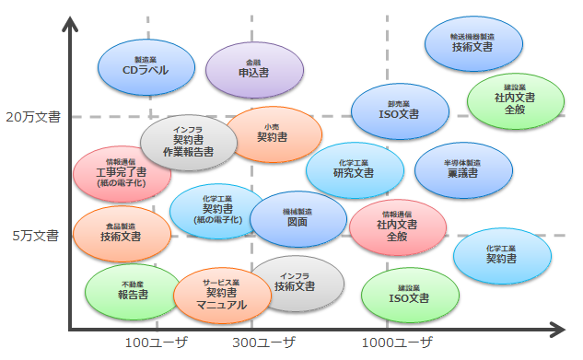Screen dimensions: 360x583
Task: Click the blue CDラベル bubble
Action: pyautogui.click(x=146, y=64)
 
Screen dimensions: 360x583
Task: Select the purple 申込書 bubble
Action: pyautogui.click(x=253, y=68)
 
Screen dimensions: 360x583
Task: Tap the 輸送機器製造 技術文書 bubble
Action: pyautogui.click(x=473, y=43)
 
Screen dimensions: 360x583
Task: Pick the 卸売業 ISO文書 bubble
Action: pyautogui.click(x=399, y=110)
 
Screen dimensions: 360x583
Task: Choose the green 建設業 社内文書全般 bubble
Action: pyautogui.click(x=515, y=101)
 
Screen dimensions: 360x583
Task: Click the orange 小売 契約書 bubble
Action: pyautogui.click(x=274, y=134)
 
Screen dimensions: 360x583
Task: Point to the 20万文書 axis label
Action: pyautogui.click(x=32, y=117)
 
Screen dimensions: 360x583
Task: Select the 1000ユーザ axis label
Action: pyautogui.click(x=397, y=343)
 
